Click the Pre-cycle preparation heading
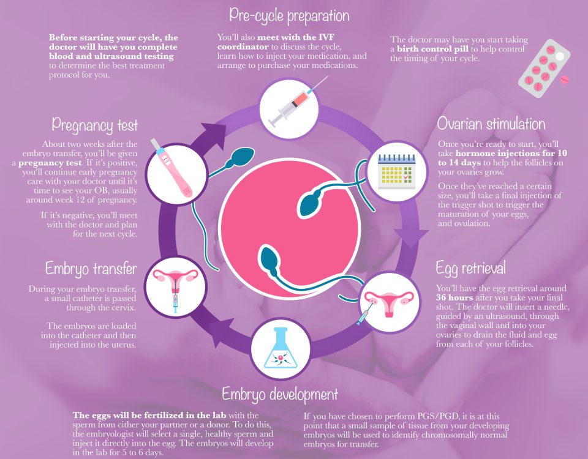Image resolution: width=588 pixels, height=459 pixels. coord(289,16)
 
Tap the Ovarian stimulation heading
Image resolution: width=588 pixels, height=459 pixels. coord(491,124)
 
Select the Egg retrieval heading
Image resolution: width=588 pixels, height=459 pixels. coord(470,268)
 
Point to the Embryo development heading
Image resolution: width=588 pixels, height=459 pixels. coord(280,394)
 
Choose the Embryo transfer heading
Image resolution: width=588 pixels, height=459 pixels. coord(91,269)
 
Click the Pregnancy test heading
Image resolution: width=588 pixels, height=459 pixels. coord(95,125)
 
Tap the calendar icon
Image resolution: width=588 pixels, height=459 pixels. coord(397,171)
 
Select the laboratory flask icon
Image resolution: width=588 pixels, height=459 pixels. coord(280,348)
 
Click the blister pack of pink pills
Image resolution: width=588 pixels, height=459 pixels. coord(544,68)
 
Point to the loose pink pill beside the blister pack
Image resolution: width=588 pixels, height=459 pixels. coord(564,80)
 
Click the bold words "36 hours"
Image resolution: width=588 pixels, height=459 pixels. coord(454,297)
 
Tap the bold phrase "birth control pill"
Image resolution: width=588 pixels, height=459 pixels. coord(432,49)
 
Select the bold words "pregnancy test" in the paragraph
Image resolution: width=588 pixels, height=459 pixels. coord(50,163)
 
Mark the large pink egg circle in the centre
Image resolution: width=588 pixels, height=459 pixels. coord(289,228)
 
